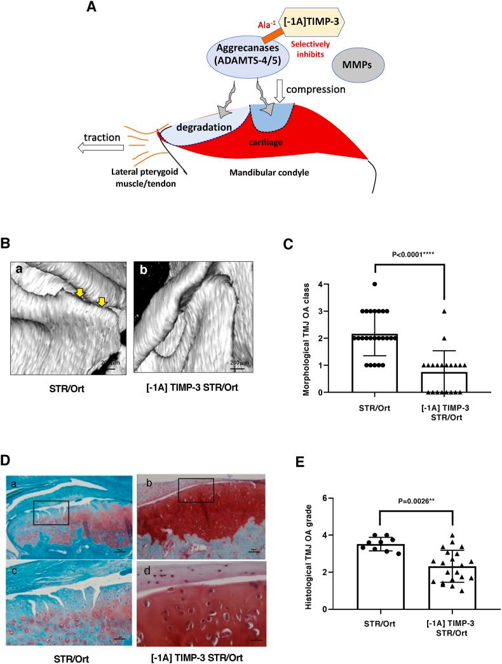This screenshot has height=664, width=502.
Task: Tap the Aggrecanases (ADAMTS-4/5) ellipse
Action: (245, 65)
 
